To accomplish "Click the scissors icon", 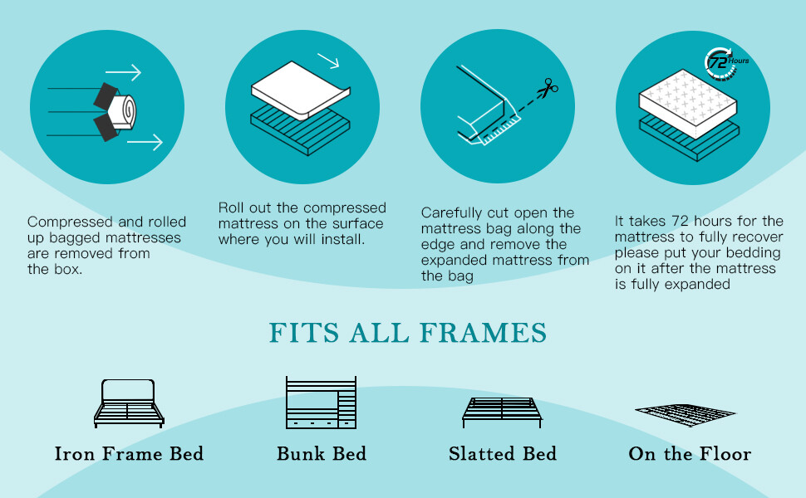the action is [x=548, y=88].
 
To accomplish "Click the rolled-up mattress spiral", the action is [x=124, y=111].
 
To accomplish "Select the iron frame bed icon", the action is [x=129, y=403].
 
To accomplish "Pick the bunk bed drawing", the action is [x=322, y=403].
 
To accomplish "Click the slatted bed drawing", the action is [x=502, y=413].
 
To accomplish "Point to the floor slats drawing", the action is [x=686, y=414].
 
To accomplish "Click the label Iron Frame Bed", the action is [x=129, y=454].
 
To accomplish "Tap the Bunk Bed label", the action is [x=322, y=454].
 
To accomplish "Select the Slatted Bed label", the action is [x=503, y=454].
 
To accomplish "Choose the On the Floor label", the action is [x=690, y=454].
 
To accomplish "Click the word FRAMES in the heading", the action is [x=484, y=333].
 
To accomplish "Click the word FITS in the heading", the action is [x=304, y=333].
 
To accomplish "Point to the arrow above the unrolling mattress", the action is [x=328, y=61].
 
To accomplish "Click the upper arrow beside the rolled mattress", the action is [x=123, y=72].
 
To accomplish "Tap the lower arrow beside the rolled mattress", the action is [x=145, y=142].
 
